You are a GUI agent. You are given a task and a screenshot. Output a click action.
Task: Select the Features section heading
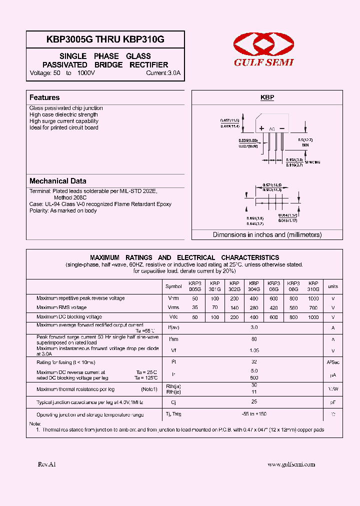(x=44, y=97)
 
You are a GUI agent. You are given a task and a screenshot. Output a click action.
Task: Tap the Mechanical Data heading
(x=58, y=181)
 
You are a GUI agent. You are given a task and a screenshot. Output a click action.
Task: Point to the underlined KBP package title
(x=267, y=98)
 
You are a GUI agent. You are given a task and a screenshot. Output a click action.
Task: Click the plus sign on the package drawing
(x=261, y=128)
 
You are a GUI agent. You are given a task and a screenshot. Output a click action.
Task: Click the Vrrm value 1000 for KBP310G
(x=313, y=298)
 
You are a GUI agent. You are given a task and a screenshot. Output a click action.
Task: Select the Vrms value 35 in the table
(x=195, y=307)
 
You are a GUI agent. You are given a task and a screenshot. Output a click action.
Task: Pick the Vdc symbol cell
(x=173, y=317)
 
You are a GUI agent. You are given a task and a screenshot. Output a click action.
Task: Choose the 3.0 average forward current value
(x=254, y=327)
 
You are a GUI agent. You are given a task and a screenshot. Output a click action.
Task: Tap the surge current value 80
(x=254, y=339)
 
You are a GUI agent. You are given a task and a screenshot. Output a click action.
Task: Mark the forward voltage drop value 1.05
(x=254, y=350)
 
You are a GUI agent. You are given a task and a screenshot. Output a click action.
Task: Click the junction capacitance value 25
(x=254, y=401)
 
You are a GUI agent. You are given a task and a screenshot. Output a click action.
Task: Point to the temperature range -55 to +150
(x=254, y=414)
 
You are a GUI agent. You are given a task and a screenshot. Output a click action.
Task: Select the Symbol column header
(x=173, y=286)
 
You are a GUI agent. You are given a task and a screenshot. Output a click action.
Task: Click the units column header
(x=333, y=286)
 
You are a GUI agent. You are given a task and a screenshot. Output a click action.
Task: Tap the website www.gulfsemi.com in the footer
(x=291, y=464)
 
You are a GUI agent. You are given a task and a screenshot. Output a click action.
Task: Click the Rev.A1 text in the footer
(x=47, y=464)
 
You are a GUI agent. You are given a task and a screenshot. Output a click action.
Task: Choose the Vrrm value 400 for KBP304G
(x=254, y=298)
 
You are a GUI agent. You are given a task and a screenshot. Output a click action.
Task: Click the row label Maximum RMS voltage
(x=61, y=307)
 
